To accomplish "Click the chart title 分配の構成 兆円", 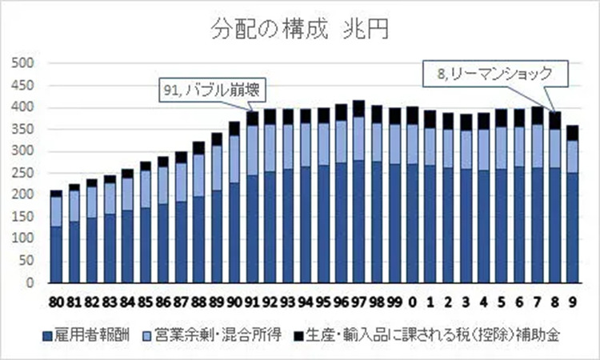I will pyautogui.click(x=300, y=30).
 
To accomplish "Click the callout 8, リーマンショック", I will pyautogui.click(x=496, y=74).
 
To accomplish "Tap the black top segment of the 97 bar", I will pyautogui.click(x=358, y=109).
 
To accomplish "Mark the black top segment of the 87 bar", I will pyautogui.click(x=181, y=157).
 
